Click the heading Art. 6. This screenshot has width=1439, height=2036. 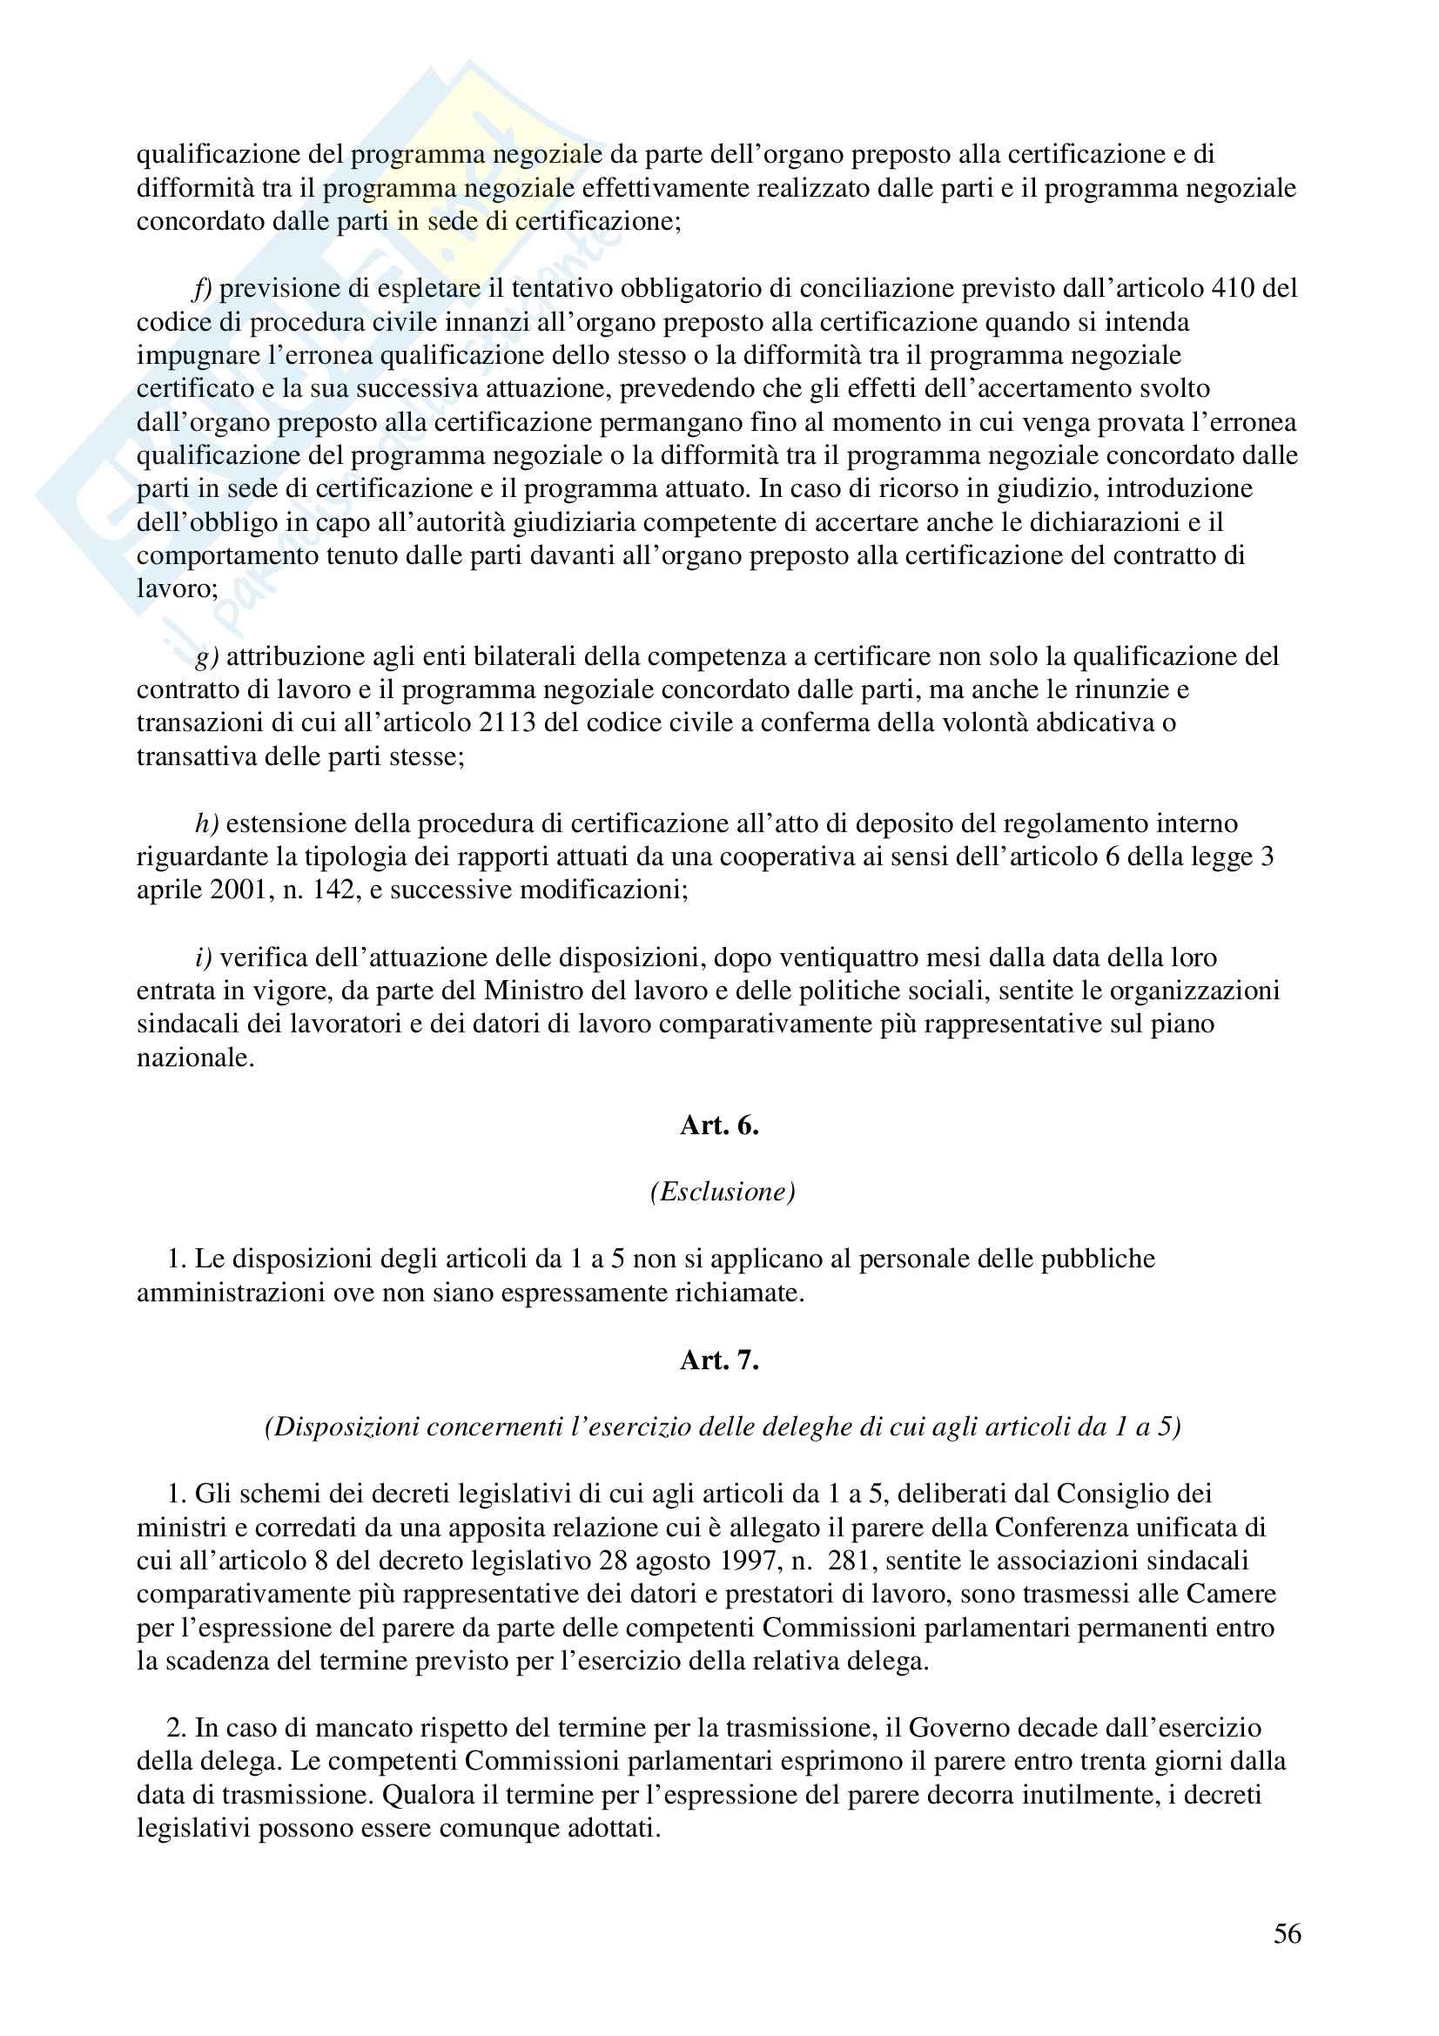(x=719, y=1126)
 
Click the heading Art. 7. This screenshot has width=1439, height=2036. (x=719, y=1361)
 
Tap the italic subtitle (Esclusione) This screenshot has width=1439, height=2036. (x=723, y=1192)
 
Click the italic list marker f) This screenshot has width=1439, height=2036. (x=203, y=288)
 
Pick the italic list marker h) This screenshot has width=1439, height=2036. (x=206, y=823)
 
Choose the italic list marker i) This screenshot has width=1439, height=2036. (x=203, y=958)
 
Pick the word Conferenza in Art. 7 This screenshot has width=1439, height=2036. (x=1093, y=1527)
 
